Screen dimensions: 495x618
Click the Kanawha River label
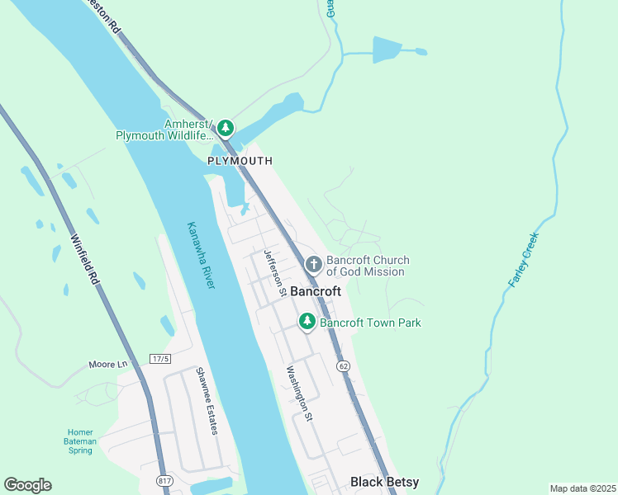[x=201, y=255]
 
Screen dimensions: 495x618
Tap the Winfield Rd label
[x=86, y=259]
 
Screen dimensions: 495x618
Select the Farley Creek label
[x=523, y=260]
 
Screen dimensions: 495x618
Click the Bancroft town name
[x=314, y=291]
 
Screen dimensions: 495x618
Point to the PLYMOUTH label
[x=240, y=161]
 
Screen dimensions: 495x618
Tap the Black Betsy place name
[x=384, y=482]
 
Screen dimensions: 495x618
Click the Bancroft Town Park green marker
[x=307, y=321]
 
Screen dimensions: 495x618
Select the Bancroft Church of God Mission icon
[x=313, y=264]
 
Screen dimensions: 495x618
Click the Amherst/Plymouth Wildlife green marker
[x=226, y=129]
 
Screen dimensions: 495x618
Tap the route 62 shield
[x=343, y=365]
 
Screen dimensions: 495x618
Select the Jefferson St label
[x=274, y=273]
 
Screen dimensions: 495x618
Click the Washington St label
[x=299, y=394]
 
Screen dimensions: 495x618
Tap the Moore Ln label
[x=109, y=364]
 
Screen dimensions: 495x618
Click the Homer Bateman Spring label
[x=81, y=441]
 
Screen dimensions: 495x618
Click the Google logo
[x=27, y=484]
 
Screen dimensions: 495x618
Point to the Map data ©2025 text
[x=582, y=488]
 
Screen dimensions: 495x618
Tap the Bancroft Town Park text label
[x=370, y=322]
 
